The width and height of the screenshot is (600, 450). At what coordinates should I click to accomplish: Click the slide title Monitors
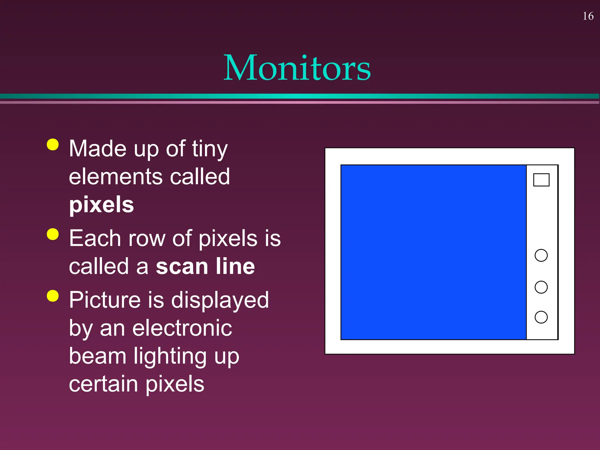pyautogui.click(x=297, y=68)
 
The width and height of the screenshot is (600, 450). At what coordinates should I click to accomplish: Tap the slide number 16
pyautogui.click(x=588, y=16)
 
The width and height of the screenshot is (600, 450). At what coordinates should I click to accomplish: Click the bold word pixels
pyautogui.click(x=101, y=205)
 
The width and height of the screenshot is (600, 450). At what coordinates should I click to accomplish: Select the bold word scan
pyautogui.click(x=182, y=266)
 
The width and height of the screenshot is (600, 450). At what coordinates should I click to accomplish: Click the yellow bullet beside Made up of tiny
pyautogui.click(x=53, y=144)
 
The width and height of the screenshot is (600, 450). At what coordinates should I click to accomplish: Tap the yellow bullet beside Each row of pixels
pyautogui.click(x=53, y=234)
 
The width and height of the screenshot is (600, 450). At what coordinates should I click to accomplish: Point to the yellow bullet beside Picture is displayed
pyautogui.click(x=53, y=296)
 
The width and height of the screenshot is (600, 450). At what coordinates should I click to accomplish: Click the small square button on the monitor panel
pyautogui.click(x=541, y=180)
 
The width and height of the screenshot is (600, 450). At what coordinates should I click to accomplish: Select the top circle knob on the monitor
pyautogui.click(x=541, y=255)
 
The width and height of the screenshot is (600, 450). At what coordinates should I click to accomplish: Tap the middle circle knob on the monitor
pyautogui.click(x=541, y=287)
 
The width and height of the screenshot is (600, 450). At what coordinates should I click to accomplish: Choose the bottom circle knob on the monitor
pyautogui.click(x=541, y=317)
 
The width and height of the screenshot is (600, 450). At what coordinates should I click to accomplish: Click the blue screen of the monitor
pyautogui.click(x=434, y=252)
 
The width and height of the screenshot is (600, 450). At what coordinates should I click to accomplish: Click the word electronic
pyautogui.click(x=182, y=328)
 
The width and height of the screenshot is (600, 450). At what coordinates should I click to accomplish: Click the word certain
pyautogui.click(x=103, y=384)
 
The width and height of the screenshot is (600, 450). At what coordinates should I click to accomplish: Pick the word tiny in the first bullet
pyautogui.click(x=209, y=149)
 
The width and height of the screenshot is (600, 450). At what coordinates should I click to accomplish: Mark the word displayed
pyautogui.click(x=220, y=301)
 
